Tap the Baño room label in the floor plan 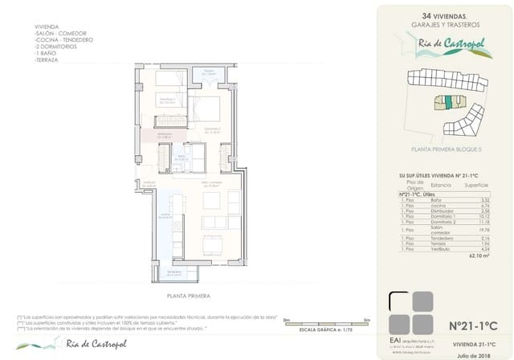tap(182, 157)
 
